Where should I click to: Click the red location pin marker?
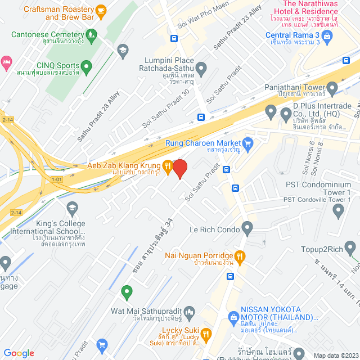coord(179,169)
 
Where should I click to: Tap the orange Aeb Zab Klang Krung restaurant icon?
coord(167,165)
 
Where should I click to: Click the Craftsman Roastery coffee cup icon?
coord(101,10)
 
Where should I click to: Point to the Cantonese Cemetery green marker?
coord(91,35)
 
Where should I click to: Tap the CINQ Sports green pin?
coord(86,67)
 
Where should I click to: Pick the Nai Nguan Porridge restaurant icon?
coord(240,256)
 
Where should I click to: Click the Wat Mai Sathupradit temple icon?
coord(189,311)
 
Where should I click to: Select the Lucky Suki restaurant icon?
coord(205,333)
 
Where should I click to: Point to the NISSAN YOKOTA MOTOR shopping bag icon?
coord(233,317)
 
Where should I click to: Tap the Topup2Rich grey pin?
coord(351,247)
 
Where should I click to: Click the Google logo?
coord(19,353)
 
